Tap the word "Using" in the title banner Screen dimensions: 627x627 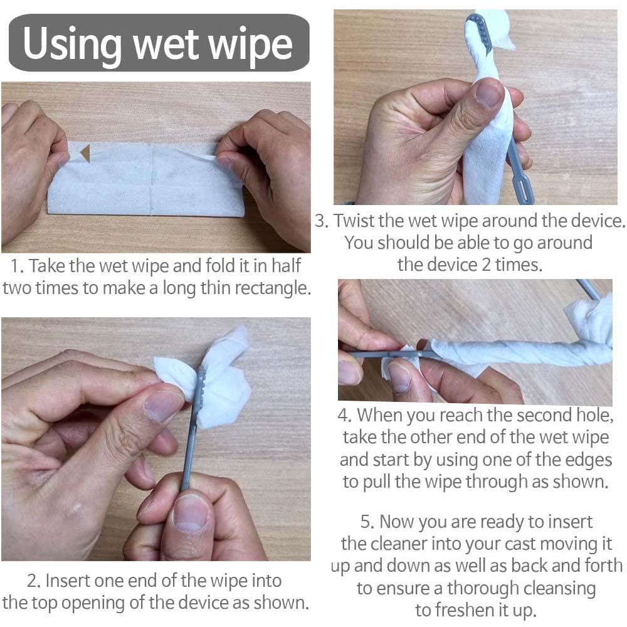72,43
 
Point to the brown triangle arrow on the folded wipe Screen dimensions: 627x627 85,154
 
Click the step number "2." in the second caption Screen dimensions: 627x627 34,581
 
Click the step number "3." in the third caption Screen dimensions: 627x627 322,221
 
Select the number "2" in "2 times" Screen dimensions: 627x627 487,265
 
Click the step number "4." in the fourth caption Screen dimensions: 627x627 344,415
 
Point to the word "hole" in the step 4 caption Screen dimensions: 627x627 593,415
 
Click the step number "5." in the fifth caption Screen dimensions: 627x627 367,522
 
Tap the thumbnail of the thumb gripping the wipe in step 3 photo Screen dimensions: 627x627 488,93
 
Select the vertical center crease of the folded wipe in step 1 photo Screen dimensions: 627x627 151,179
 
